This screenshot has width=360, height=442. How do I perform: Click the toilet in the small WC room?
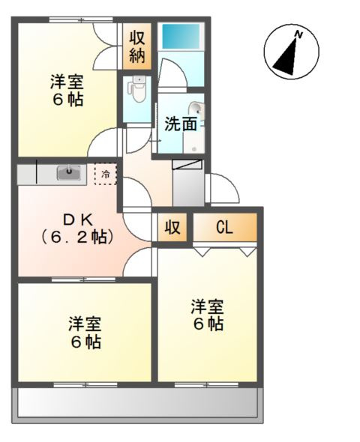[136, 89]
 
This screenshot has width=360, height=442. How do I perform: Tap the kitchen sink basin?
[68, 172]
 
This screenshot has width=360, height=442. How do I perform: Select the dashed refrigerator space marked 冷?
[106, 175]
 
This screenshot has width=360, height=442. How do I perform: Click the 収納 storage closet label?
[137, 46]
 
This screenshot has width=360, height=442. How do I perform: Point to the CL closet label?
[224, 227]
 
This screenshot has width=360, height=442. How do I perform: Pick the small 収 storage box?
[172, 228]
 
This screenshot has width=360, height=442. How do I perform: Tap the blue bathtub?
[181, 37]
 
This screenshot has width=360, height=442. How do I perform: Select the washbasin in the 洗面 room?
[196, 109]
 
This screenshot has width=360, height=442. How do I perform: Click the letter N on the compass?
[298, 35]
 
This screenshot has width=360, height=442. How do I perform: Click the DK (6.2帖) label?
[78, 229]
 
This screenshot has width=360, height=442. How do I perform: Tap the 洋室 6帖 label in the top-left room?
[67, 90]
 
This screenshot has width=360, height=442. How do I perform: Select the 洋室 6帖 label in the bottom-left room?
[85, 333]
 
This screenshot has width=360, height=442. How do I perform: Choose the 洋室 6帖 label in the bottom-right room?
[207, 315]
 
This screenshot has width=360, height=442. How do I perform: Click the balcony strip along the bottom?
[138, 402]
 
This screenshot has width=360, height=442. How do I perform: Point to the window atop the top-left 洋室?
[81, 19]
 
